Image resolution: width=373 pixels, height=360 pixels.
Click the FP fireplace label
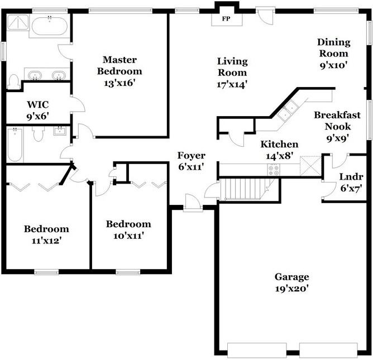[226, 18]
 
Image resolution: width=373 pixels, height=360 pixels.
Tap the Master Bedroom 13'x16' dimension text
[119, 83]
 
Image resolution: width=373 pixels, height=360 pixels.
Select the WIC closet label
[38, 104]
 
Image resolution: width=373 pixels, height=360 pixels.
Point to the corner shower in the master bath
[18, 22]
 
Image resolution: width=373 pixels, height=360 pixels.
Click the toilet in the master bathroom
[13, 81]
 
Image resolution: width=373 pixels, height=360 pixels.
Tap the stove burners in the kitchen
[274, 170]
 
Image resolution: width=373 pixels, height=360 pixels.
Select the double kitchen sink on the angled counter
[288, 111]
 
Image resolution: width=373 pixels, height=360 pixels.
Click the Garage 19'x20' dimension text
[291, 289]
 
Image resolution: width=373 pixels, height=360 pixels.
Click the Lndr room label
[351, 177]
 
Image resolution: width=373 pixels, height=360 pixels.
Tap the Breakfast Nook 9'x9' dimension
[338, 138]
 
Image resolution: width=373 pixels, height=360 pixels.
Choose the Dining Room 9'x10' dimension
[334, 65]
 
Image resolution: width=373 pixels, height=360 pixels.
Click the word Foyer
[191, 156]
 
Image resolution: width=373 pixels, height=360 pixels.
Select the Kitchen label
[279, 144]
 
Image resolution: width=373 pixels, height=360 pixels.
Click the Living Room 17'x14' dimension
[232, 84]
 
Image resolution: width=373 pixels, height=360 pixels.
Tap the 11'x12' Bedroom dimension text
[47, 241]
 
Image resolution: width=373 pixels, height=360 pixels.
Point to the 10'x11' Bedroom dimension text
[128, 236]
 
